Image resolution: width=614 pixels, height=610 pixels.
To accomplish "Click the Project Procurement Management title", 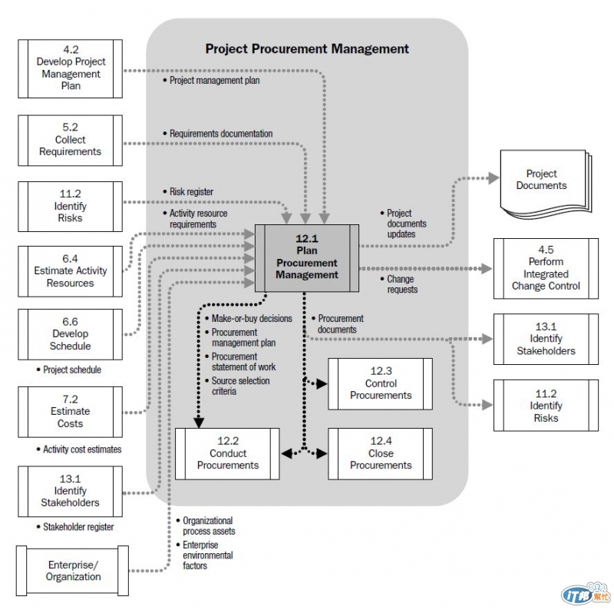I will [307, 49].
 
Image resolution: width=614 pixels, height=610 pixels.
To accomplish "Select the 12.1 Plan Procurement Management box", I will [307, 258].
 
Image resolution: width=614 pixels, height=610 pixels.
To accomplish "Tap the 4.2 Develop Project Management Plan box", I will [70, 68].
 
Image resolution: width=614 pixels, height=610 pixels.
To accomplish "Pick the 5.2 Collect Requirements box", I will [70, 141].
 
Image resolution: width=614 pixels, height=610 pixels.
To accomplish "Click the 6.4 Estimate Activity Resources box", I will [70, 271].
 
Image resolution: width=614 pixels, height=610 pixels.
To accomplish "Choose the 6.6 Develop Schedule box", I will [70, 334].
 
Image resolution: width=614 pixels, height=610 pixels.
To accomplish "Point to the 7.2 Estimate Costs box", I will [70, 412].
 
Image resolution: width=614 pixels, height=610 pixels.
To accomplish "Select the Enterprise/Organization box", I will [73, 571].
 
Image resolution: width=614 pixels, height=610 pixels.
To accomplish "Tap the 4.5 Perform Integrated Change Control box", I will [546, 268].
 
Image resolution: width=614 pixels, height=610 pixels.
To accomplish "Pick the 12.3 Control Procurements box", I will [381, 383].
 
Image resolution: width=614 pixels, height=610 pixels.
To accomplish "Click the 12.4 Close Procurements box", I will [381, 453].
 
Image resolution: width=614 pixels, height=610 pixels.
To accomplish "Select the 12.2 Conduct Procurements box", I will [228, 453].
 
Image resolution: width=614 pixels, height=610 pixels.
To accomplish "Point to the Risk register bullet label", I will [191, 192].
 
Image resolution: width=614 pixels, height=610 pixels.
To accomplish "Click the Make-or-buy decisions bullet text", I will [251, 319].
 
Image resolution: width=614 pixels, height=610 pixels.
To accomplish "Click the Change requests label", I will [402, 284].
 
